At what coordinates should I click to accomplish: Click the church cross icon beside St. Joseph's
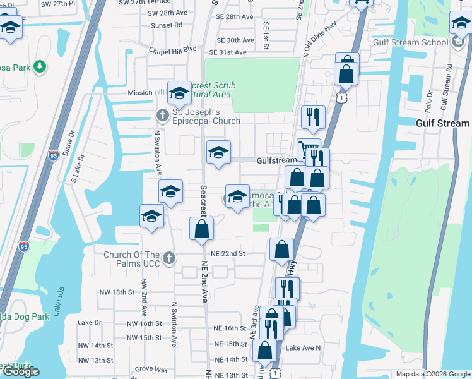pos(162,114)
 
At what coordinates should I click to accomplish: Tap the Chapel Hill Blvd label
pos(173,49)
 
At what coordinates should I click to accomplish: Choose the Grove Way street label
pos(151,369)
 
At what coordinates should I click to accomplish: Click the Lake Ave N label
pos(303,348)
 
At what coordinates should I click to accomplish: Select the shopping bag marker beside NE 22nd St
pos(281,250)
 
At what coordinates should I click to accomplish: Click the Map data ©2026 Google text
pos(432,374)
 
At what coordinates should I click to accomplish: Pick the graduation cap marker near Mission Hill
pos(179,93)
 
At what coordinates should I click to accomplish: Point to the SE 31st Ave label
pos(228,52)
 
